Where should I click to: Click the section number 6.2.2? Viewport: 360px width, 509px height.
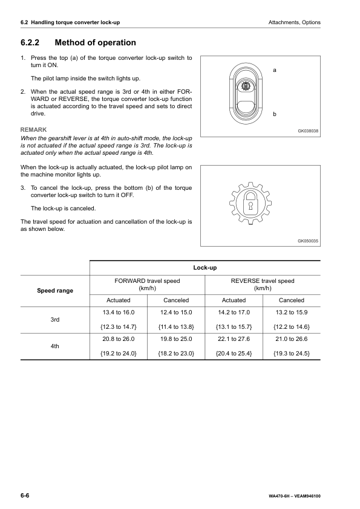pyautogui.click(x=31, y=43)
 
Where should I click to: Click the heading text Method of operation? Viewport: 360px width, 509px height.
pyautogui.click(x=96, y=43)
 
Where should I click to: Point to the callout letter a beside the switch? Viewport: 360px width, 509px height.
pyautogui.click(x=275, y=71)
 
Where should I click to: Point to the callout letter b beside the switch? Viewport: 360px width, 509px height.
pyautogui.click(x=275, y=114)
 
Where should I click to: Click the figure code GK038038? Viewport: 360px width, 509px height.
pyautogui.click(x=308, y=131)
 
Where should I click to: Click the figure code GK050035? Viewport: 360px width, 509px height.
pyautogui.click(x=308, y=241)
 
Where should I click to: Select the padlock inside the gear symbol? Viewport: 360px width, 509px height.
pyautogui.click(x=249, y=204)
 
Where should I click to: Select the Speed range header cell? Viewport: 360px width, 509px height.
pyautogui.click(x=55, y=291)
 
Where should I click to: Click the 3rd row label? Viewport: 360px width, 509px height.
pyautogui.click(x=55, y=319)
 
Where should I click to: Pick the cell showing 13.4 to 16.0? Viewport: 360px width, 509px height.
pyautogui.click(x=119, y=312)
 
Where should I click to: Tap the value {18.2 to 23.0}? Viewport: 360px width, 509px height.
pyautogui.click(x=176, y=352)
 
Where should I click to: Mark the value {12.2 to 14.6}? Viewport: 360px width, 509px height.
pyautogui.click(x=292, y=326)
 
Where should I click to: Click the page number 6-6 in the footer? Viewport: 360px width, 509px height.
pyautogui.click(x=25, y=495)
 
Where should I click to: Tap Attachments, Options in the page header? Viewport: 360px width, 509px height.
pyautogui.click(x=294, y=22)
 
